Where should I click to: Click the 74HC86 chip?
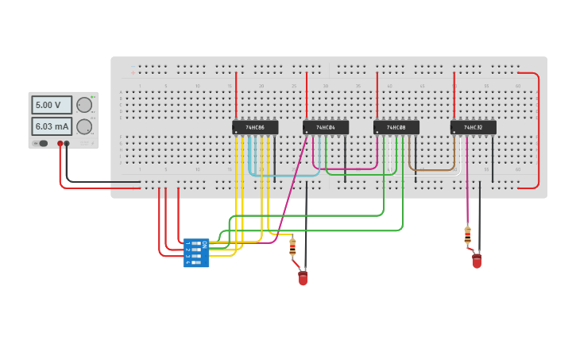coord(255,127)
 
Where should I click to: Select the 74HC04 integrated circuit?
coord(325,127)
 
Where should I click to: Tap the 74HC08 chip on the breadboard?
coord(396,127)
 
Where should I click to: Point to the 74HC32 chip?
coord(473,127)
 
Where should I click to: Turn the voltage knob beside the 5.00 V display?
coord(83,105)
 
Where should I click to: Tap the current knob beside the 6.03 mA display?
coord(83,126)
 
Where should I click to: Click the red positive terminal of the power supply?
coord(60,144)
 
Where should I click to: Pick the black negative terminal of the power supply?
coord(67,144)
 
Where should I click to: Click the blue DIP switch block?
coord(195,253)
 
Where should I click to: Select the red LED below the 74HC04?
coord(303,278)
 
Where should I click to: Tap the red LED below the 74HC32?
coord(477,261)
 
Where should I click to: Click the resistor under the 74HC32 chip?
coord(467,235)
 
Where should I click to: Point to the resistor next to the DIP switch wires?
coord(292,247)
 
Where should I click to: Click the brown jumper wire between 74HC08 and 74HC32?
coord(432,169)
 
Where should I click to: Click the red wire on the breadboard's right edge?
coord(539,131)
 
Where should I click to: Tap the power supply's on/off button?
coord(43,144)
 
